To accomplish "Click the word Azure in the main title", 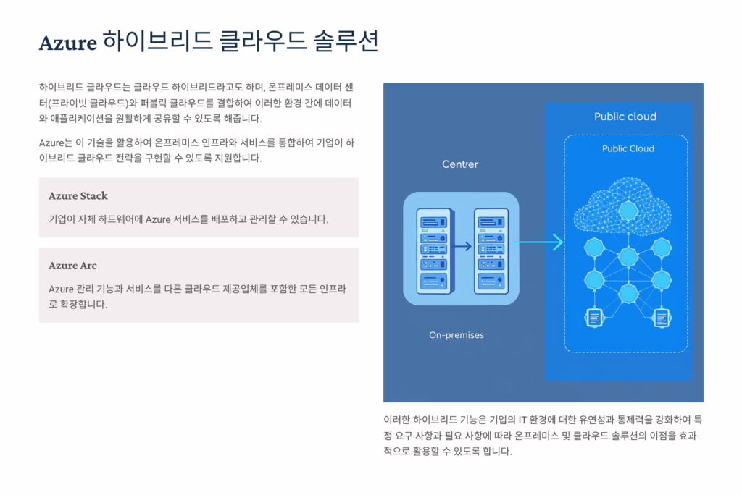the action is coord(67,43).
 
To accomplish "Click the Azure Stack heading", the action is coord(78,195).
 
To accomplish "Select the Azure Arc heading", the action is coord(72,266).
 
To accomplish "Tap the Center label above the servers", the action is coord(460,164).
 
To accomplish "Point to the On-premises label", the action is coord(457,335).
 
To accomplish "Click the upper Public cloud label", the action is coord(625,117).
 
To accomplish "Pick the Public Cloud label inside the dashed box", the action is coord(628,148).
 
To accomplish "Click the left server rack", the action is coord(435,250).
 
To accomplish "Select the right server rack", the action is coord(491,250).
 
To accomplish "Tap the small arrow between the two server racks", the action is coord(463,246).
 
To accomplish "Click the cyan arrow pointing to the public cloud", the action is coord(538,242).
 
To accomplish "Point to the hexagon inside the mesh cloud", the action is coord(628,211).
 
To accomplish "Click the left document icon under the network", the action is coord(594,318).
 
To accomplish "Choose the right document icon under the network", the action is coord(662,318).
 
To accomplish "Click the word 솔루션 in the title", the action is coord(346,41).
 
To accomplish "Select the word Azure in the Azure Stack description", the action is coord(157,219).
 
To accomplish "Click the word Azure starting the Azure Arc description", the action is coord(61,289).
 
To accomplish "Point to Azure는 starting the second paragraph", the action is coord(56,143).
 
